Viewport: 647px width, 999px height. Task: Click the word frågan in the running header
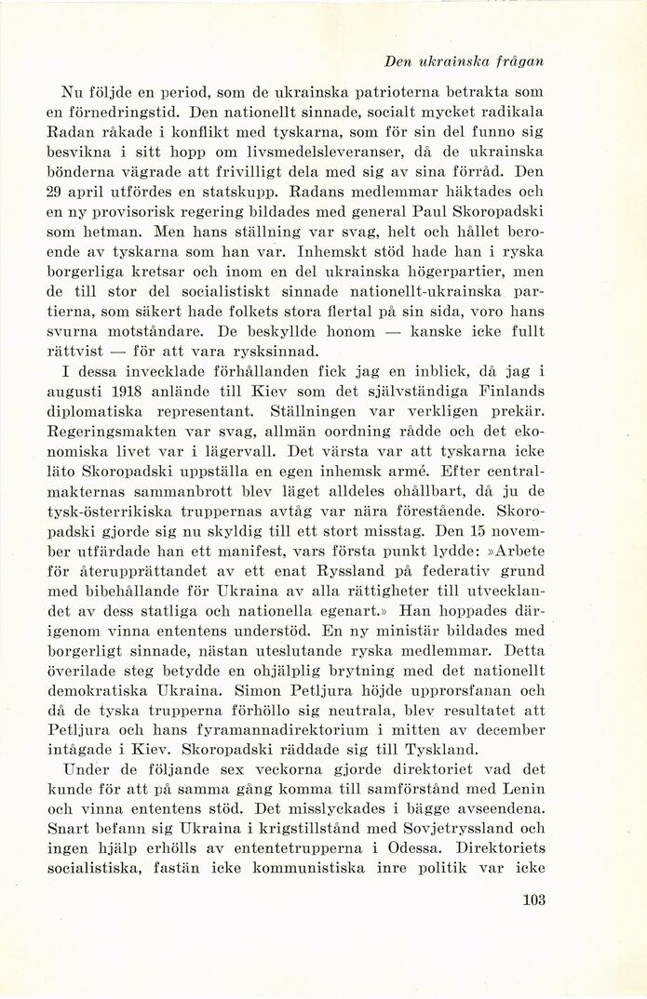point(517,61)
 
